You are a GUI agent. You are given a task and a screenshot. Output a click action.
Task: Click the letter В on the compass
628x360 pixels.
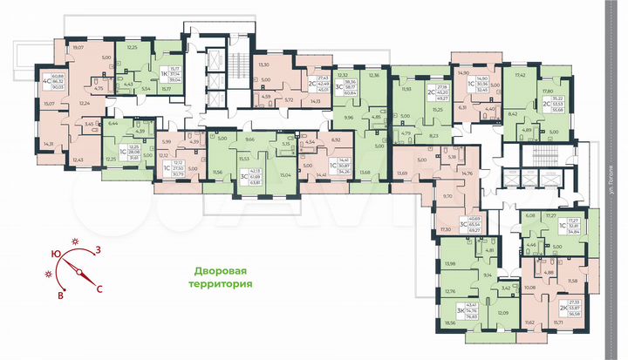pyautogui.click(x=60, y=295)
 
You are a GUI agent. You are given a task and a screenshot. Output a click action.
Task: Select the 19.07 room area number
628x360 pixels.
pyautogui.click(x=79, y=47)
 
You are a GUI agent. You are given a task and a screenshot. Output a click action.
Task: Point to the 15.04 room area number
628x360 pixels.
pyautogui.click(x=284, y=174)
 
